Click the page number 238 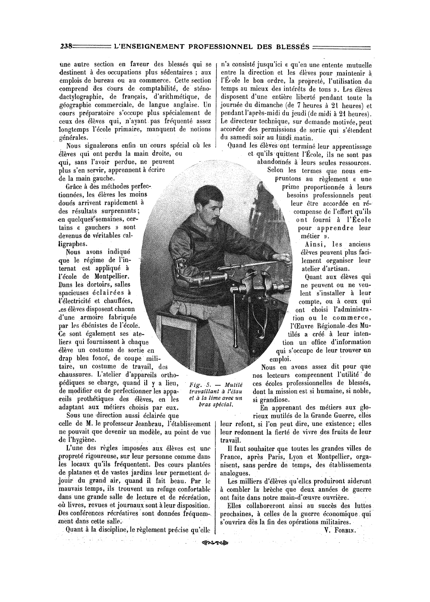pyautogui.click(x=66, y=46)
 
